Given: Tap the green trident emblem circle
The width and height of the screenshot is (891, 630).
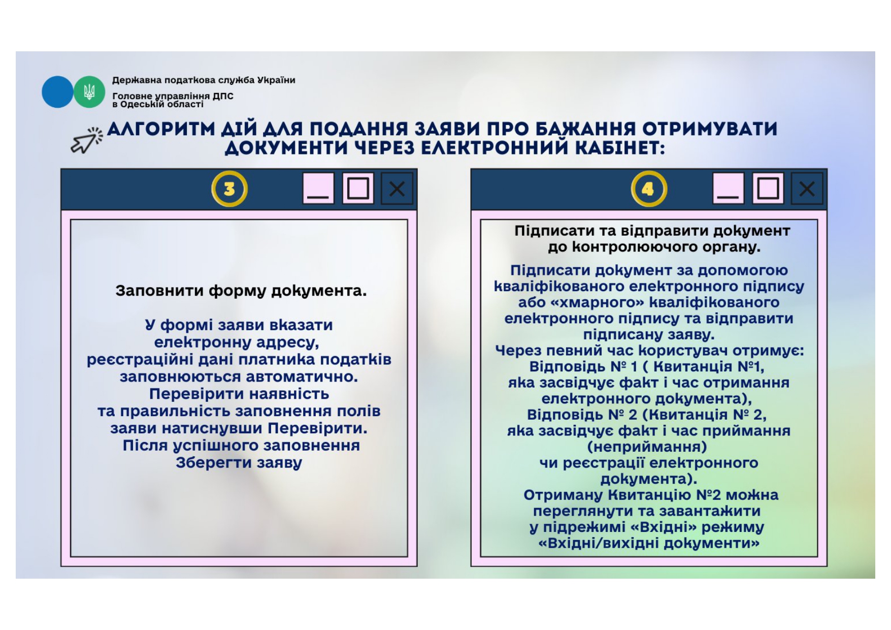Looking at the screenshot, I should [89, 92].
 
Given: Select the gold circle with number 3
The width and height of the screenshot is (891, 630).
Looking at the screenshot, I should [229, 189].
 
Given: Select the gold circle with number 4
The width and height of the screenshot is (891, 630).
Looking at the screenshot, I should [648, 189].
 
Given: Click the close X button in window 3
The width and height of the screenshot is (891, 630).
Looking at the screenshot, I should [397, 189].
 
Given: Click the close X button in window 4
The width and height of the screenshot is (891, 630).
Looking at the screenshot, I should [807, 189].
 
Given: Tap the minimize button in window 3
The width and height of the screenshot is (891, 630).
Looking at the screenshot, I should [318, 189].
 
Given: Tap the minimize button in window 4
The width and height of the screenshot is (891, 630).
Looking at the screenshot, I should [728, 189].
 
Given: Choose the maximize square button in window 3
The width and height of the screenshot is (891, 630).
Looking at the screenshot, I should [358, 189].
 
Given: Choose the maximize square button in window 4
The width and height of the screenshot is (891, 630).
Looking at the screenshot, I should [768, 189].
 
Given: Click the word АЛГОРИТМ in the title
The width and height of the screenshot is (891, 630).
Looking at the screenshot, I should [161, 129].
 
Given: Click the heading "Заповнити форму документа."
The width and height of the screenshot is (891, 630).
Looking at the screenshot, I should [241, 291].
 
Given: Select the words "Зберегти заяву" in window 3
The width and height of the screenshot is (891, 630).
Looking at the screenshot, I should [239, 463].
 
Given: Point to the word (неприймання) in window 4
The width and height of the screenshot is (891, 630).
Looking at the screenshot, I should [647, 447].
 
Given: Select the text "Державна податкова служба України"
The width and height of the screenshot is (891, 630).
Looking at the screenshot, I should [204, 80].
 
